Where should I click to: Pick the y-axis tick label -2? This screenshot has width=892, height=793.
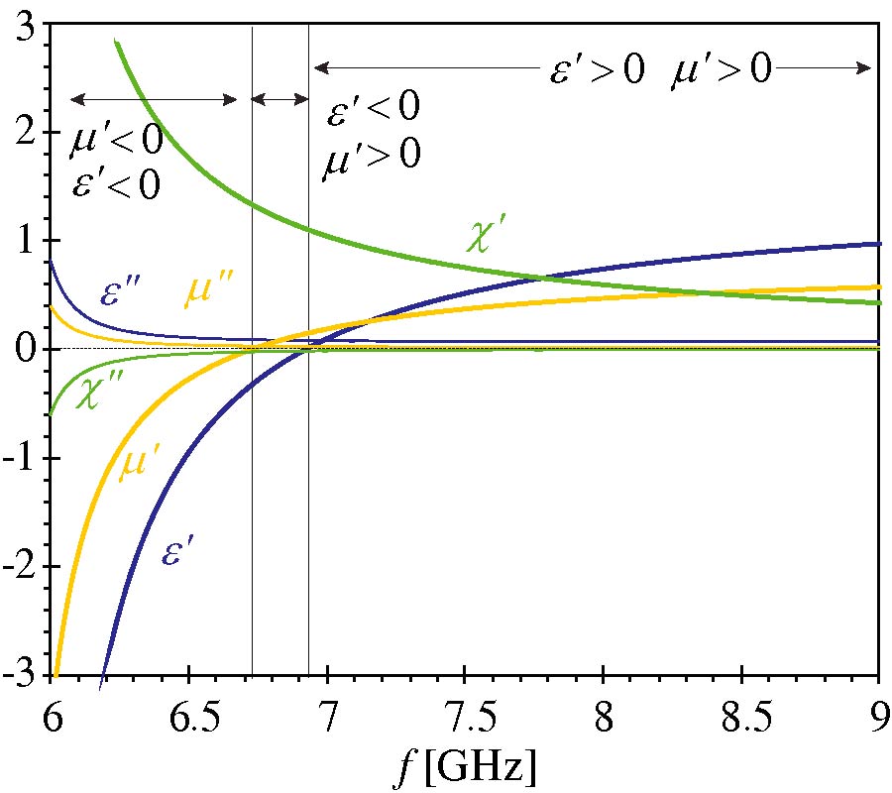click(22, 568)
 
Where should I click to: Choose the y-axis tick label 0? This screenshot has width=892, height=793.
click(27, 351)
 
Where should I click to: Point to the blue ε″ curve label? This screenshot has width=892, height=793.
click(125, 294)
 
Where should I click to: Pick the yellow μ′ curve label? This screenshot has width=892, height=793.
click(140, 465)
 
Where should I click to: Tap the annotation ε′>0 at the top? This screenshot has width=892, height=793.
click(598, 70)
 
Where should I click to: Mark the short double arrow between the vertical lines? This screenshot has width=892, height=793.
click(279, 98)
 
